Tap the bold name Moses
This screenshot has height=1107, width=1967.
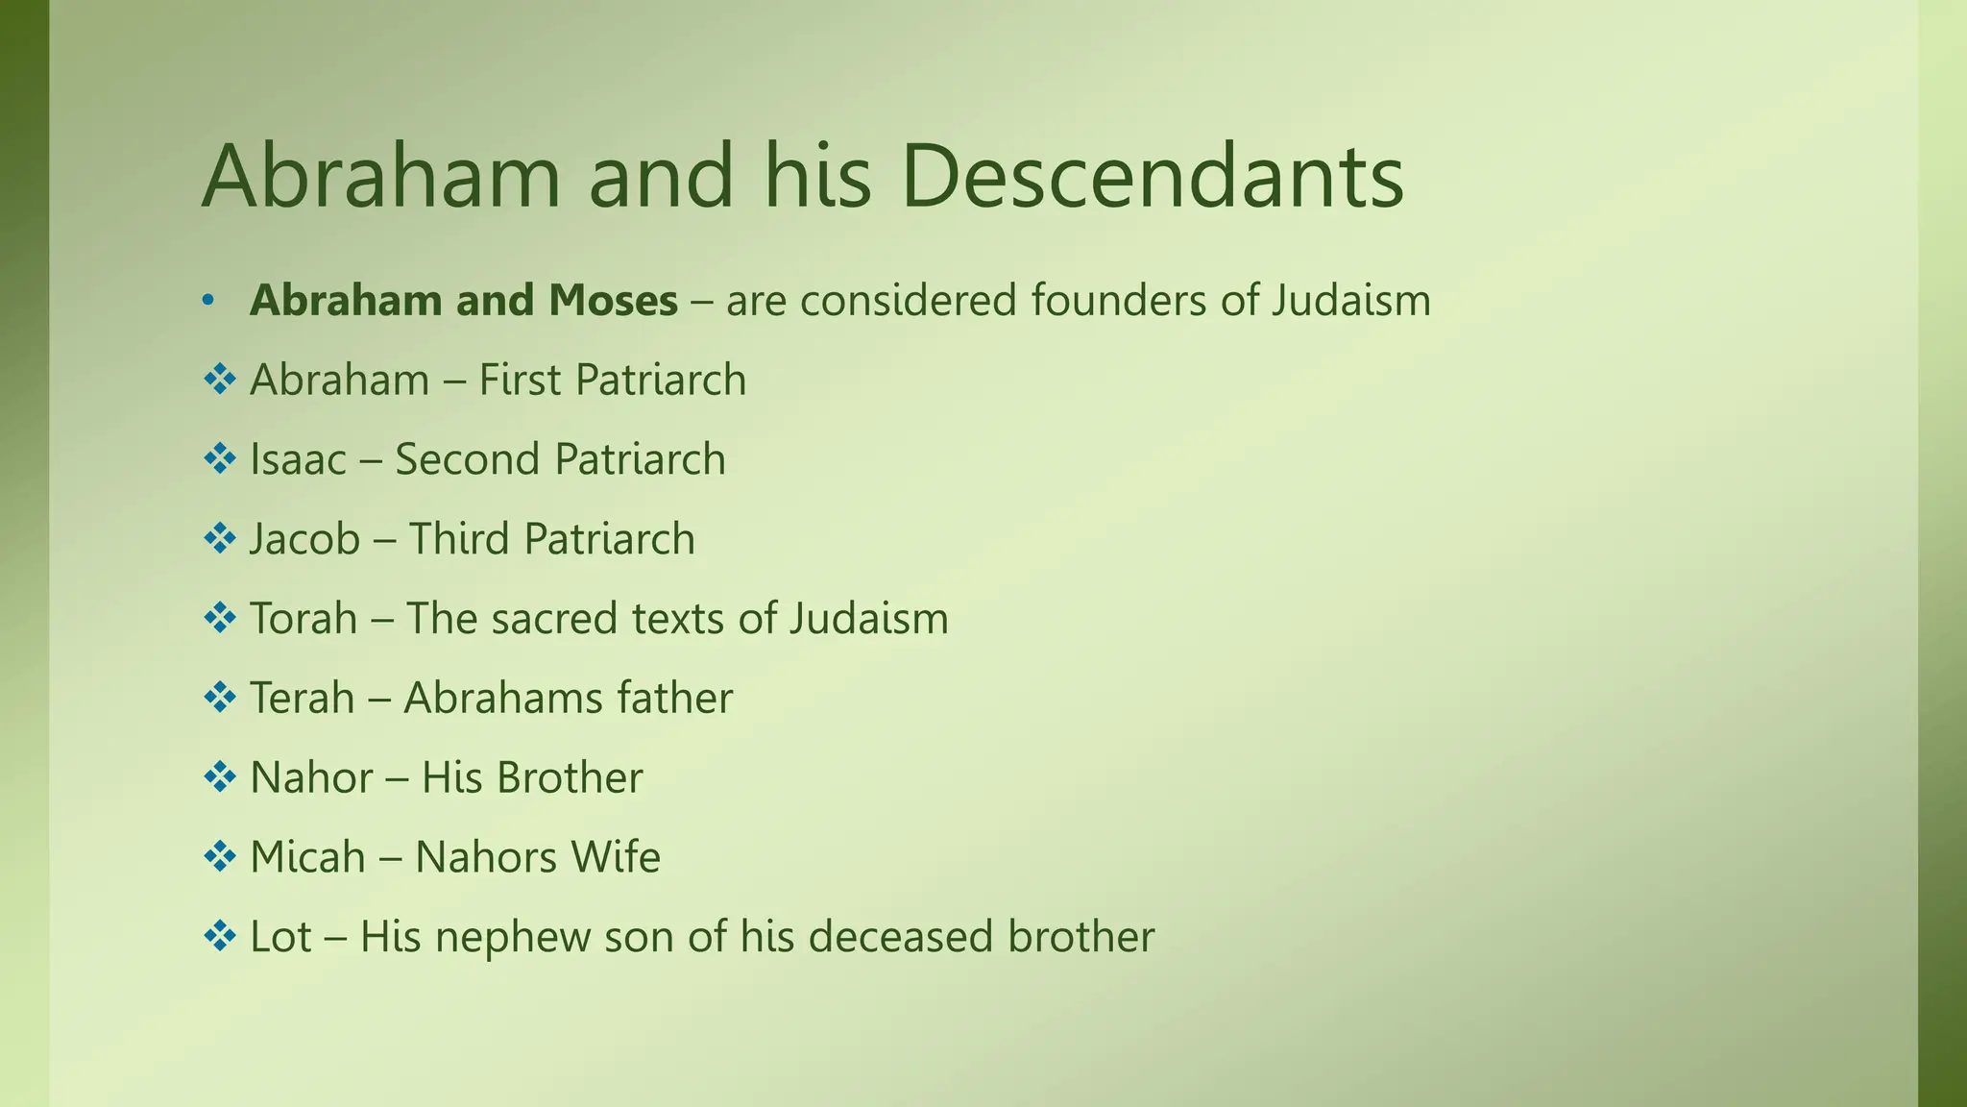tap(613, 301)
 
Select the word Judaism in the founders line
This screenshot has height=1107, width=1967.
tap(1351, 301)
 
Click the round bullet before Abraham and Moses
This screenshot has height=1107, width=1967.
tap(207, 301)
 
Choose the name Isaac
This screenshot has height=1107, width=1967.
tap(298, 459)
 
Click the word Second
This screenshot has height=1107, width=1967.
tap(467, 459)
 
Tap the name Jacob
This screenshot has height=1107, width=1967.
tap(304, 539)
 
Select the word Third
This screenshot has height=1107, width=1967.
tap(460, 539)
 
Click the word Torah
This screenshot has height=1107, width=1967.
tap(304, 618)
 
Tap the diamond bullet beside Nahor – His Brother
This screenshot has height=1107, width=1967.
tap(220, 776)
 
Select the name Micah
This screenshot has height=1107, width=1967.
tap(307, 857)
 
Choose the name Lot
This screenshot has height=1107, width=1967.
tap(280, 937)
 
